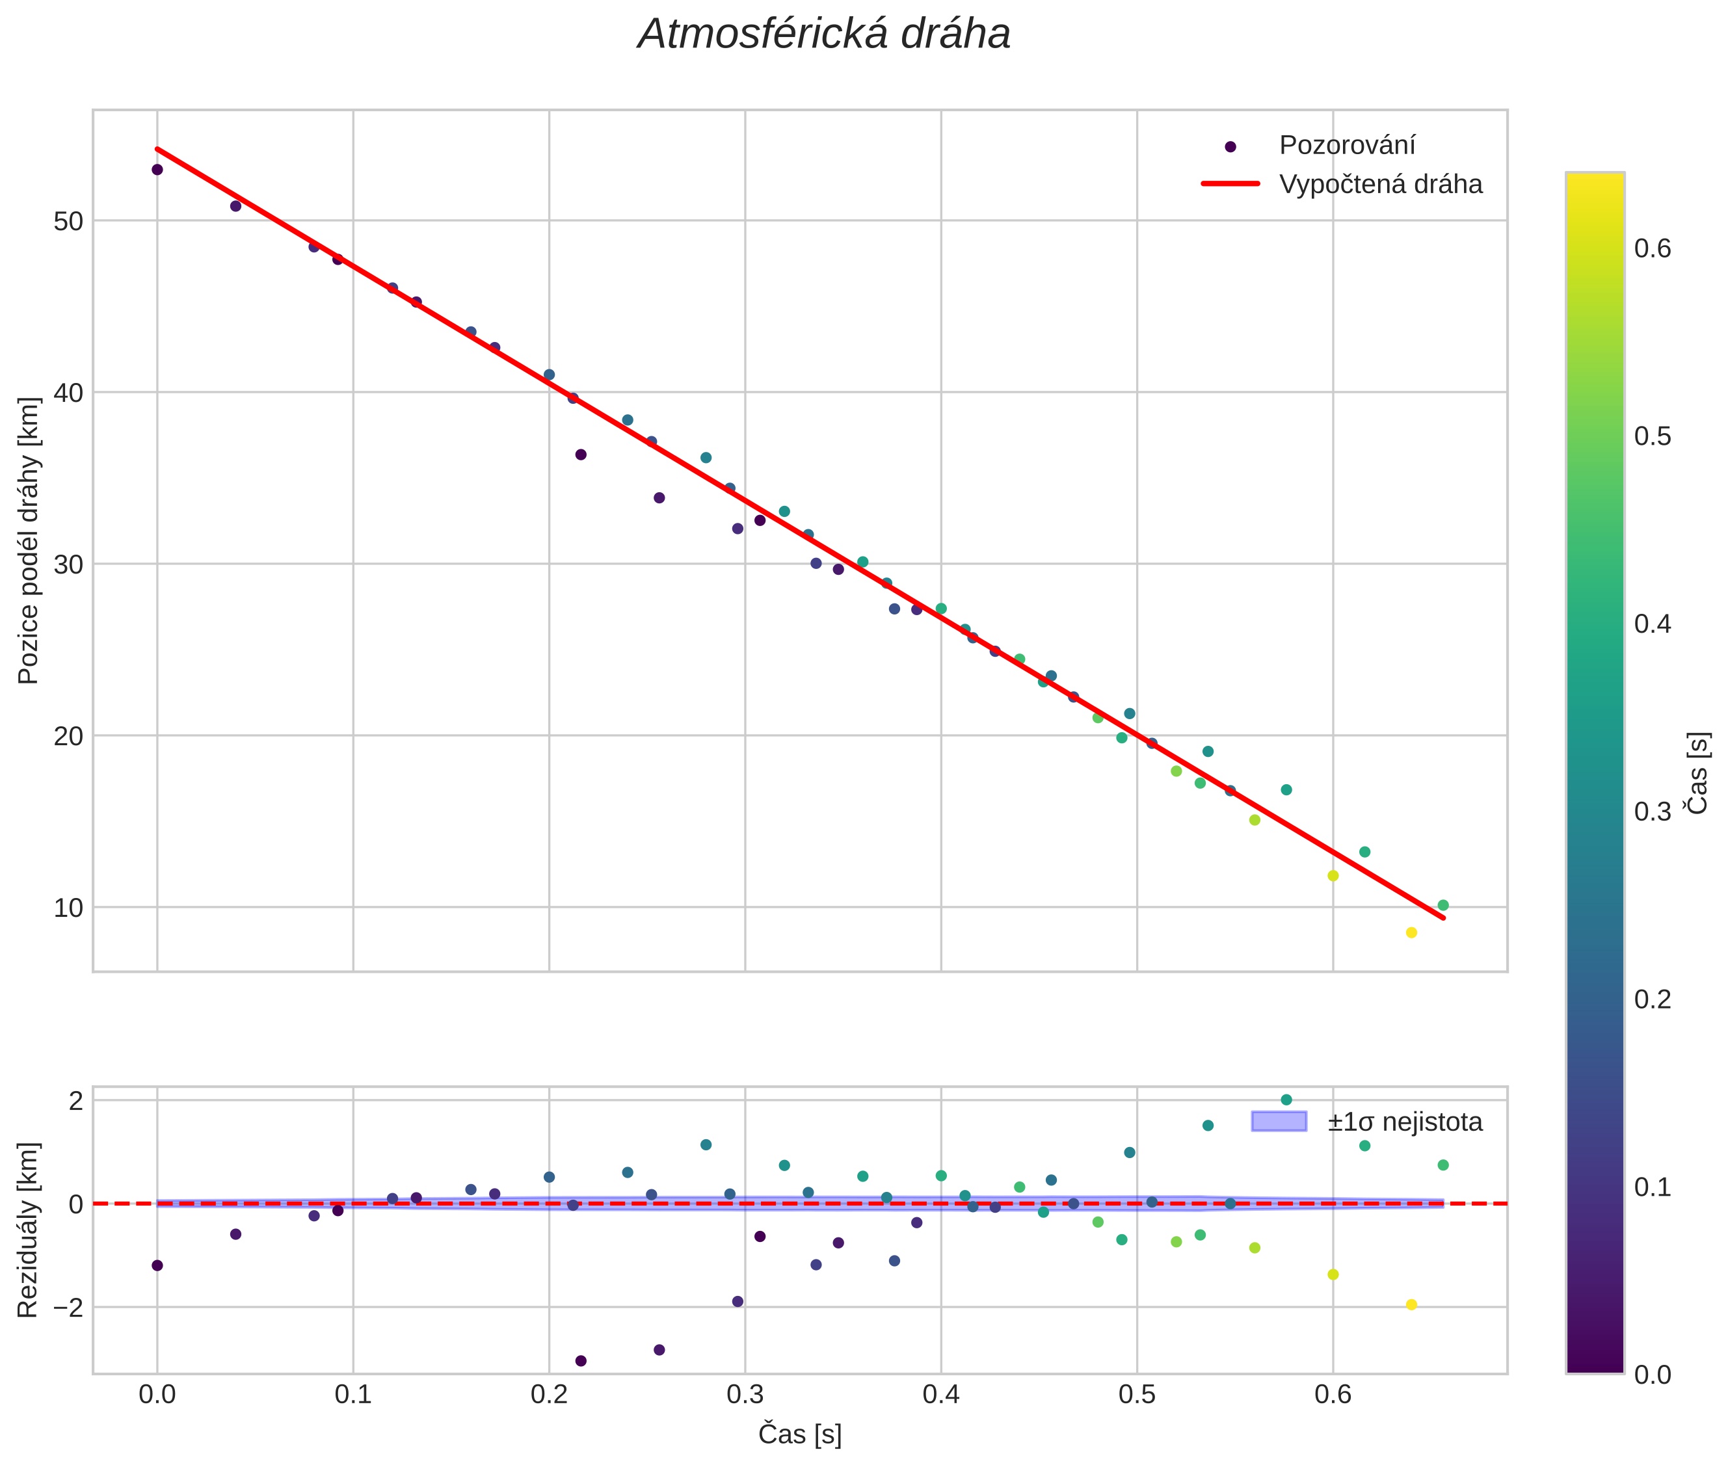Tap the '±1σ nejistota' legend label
click(x=1405, y=1122)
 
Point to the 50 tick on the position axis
click(x=69, y=222)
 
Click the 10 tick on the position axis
click(x=69, y=908)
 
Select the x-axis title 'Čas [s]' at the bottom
click(x=799, y=1434)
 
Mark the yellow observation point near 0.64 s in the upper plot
click(x=1411, y=932)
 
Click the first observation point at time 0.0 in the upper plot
click(x=157, y=170)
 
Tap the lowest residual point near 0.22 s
click(x=581, y=1361)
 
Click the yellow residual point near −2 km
click(x=1411, y=1304)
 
